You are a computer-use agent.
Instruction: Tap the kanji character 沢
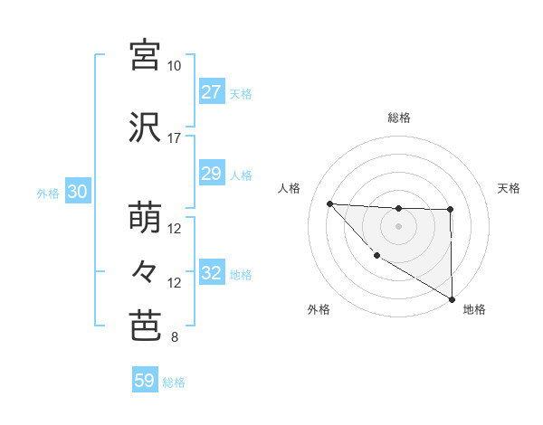[145, 127]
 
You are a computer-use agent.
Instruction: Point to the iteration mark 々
[145, 270]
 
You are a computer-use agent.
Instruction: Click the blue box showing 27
[211, 92]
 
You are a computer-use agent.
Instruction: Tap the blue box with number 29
[211, 174]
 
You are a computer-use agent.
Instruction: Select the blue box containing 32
[211, 273]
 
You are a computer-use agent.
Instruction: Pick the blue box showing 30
[77, 193]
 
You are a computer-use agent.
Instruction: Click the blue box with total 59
[145, 381]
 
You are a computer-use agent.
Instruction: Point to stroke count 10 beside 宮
[175, 66]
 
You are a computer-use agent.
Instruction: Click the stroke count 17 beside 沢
[175, 138]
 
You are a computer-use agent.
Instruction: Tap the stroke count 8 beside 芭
[174, 338]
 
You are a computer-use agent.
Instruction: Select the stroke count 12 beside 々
[175, 283]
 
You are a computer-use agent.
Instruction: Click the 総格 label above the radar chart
[399, 118]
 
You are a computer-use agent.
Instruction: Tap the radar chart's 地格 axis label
[474, 309]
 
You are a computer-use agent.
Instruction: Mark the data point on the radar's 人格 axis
[330, 203]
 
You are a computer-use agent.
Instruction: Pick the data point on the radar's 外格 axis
[376, 255]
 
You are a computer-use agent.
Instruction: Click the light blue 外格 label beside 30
[48, 193]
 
